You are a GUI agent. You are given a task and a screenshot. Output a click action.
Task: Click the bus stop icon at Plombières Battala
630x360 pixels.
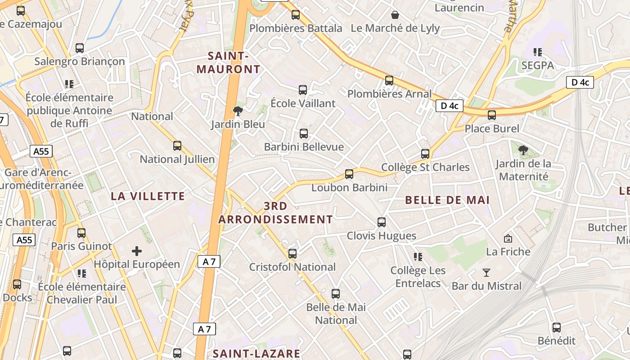tap(296, 15)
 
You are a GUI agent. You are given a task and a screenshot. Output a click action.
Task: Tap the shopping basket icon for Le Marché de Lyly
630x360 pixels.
tap(395, 15)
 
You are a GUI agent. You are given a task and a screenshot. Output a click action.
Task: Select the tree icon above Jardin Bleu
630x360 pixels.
tap(238, 111)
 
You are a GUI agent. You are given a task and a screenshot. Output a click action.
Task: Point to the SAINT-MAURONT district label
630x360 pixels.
tap(229, 63)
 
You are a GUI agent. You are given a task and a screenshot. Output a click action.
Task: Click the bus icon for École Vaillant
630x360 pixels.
tap(303, 90)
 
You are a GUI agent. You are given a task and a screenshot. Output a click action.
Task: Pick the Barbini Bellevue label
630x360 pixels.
tap(304, 147)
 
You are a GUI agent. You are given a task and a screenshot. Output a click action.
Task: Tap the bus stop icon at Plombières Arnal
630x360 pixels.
tap(389, 81)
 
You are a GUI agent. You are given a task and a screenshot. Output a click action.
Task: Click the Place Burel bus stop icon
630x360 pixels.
tap(492, 115)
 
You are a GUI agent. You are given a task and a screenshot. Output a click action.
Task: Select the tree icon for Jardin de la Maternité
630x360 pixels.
tap(523, 150)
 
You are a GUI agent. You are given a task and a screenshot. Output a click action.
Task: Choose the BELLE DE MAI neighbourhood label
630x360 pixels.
tap(447, 200)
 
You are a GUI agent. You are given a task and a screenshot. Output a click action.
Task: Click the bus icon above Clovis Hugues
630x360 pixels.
tap(382, 222)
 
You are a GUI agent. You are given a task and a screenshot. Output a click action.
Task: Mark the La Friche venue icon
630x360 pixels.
tap(508, 238)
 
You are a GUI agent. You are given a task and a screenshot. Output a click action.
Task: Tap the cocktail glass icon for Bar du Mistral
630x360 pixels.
tap(486, 272)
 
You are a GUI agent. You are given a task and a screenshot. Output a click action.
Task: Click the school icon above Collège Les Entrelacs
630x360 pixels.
tap(418, 257)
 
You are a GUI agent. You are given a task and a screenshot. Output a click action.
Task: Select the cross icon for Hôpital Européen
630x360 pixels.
tap(137, 251)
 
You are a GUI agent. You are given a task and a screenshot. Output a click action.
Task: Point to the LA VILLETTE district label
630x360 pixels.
tap(148, 196)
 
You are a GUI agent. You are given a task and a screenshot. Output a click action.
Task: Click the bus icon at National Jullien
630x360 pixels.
tap(177, 146)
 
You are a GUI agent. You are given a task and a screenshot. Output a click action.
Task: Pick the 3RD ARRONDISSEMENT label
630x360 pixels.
tap(275, 213)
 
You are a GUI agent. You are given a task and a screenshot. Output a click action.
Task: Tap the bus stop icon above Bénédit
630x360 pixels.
tap(557, 328)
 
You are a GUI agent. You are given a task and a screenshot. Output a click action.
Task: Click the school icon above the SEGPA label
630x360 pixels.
tap(537, 52)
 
